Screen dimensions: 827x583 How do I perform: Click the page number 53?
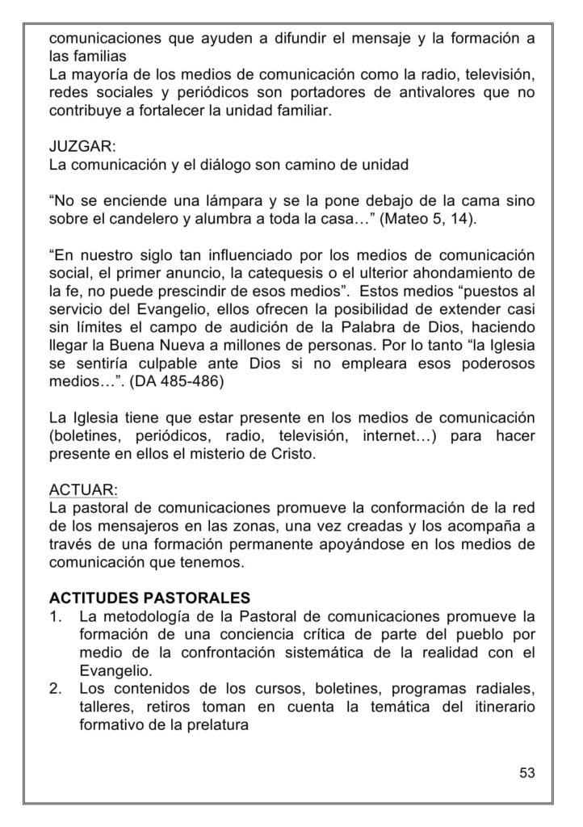pyautogui.click(x=526, y=772)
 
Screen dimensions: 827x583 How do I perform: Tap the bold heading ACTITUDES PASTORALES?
pyautogui.click(x=149, y=598)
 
